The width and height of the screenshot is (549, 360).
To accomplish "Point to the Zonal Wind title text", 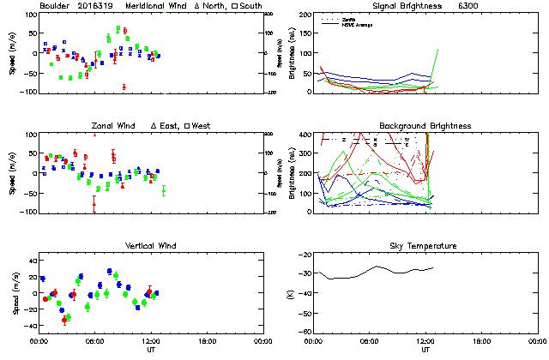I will pyautogui.click(x=114, y=126).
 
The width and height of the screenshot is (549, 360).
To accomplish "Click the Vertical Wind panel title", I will pyautogui.click(x=148, y=246).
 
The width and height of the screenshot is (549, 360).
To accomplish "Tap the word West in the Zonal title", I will pyautogui.click(x=202, y=126).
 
